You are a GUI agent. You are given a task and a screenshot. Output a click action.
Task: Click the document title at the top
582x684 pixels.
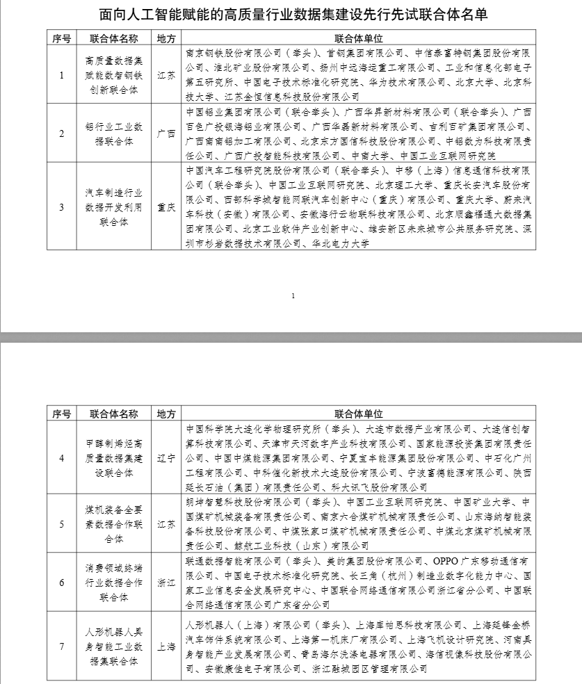[x=290, y=15]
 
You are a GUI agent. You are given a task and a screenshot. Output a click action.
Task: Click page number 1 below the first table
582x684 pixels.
[x=293, y=296]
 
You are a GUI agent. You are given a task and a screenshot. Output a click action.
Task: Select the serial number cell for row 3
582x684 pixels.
[x=62, y=206]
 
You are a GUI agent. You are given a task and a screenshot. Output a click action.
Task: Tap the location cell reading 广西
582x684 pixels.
[x=166, y=132]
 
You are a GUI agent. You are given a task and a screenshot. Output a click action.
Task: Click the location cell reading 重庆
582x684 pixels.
[x=166, y=206]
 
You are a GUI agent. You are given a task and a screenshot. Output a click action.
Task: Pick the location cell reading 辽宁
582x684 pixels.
[x=166, y=457]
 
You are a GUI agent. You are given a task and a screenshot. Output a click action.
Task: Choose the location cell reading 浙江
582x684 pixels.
[x=166, y=582]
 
